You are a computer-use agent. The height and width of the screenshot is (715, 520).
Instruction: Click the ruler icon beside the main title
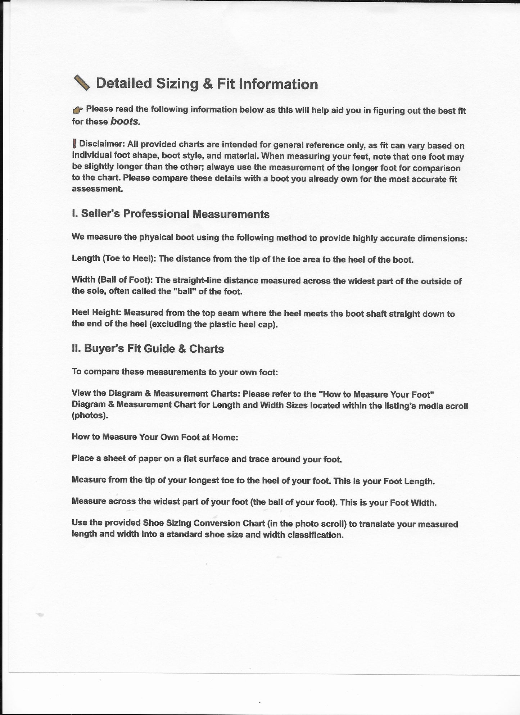click(x=82, y=83)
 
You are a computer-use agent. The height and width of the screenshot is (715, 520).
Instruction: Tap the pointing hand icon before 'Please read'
click(x=77, y=110)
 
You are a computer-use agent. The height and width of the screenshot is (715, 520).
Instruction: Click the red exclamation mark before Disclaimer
click(x=74, y=144)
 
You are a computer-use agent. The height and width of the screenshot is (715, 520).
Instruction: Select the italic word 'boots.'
click(x=125, y=121)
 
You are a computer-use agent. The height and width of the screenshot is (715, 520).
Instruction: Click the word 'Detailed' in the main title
click(x=124, y=83)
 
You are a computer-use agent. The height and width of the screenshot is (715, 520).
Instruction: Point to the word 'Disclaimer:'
click(x=102, y=144)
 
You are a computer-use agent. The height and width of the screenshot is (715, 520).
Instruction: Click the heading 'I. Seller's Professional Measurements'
click(x=171, y=214)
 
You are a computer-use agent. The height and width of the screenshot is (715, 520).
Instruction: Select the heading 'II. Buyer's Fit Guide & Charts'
click(x=148, y=349)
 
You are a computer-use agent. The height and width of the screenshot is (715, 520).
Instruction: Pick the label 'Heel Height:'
click(x=96, y=312)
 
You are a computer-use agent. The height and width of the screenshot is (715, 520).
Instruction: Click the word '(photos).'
click(x=90, y=415)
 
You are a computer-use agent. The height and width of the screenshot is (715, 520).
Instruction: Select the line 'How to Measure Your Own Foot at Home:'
click(x=155, y=437)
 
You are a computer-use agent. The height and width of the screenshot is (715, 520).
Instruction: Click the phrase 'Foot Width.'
click(x=413, y=503)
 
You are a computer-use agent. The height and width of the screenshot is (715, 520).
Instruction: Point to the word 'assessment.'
click(x=97, y=189)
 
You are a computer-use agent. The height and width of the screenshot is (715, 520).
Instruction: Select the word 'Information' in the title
click(x=279, y=84)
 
